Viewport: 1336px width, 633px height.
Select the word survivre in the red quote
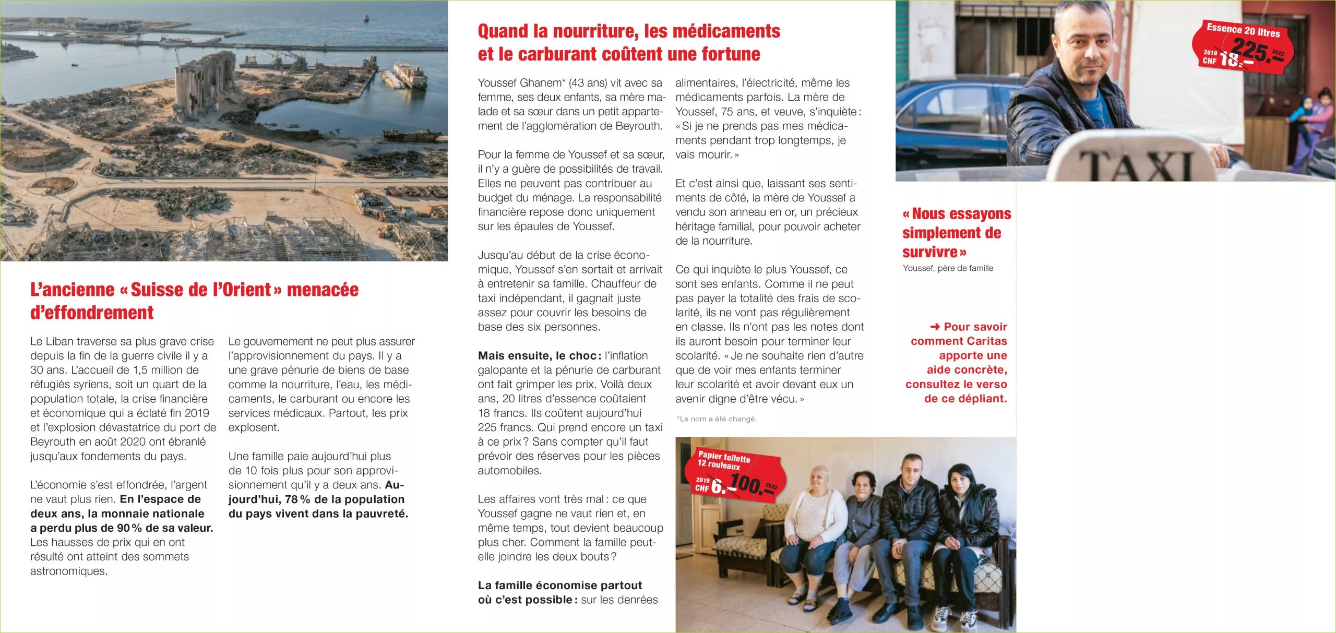[x=929, y=253]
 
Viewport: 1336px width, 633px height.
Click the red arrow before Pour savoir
[x=935, y=327]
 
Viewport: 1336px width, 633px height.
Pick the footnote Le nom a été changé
[x=717, y=419]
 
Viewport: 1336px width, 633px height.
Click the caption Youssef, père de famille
[x=948, y=268]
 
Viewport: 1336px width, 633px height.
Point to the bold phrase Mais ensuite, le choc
[x=540, y=356]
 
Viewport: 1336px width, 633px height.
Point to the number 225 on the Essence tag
[x=1250, y=51]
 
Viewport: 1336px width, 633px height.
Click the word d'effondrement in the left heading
[x=92, y=313]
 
